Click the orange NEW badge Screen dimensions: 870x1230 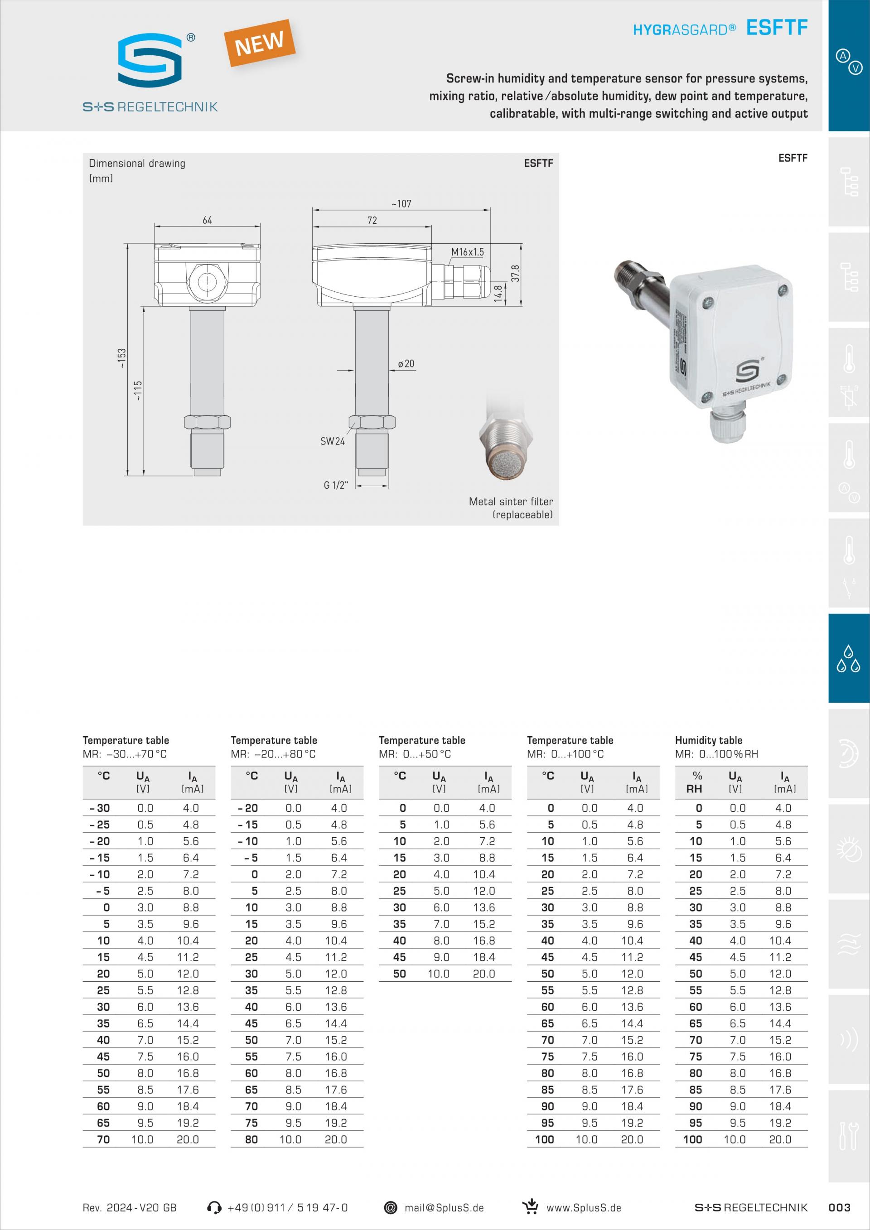[x=260, y=43]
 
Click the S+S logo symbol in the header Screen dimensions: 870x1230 [x=150, y=60]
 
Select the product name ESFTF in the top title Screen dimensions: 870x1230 [x=777, y=27]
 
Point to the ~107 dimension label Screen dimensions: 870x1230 [x=401, y=203]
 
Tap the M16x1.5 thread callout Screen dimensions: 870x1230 [x=467, y=252]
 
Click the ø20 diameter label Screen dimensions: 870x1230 [x=406, y=364]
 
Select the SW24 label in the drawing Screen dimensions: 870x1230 [x=333, y=441]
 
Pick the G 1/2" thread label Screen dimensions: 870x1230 [x=336, y=485]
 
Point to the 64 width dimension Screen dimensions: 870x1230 [x=208, y=220]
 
